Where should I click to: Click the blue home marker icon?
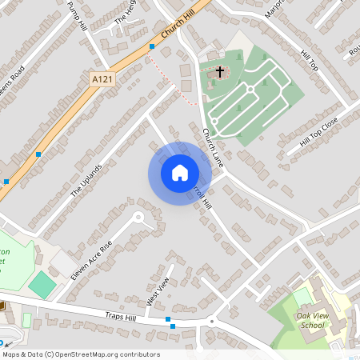coord(179,173)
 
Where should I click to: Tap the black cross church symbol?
coord(220,72)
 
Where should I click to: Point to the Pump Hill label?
coord(78,17)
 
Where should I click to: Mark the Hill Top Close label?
coord(318,130)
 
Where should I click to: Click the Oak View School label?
coord(310,320)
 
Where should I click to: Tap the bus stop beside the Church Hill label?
coord(152,47)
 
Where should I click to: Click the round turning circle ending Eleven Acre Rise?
coord(138,216)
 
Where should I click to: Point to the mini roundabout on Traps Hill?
coord(213,322)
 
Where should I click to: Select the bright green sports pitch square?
coord(42,282)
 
